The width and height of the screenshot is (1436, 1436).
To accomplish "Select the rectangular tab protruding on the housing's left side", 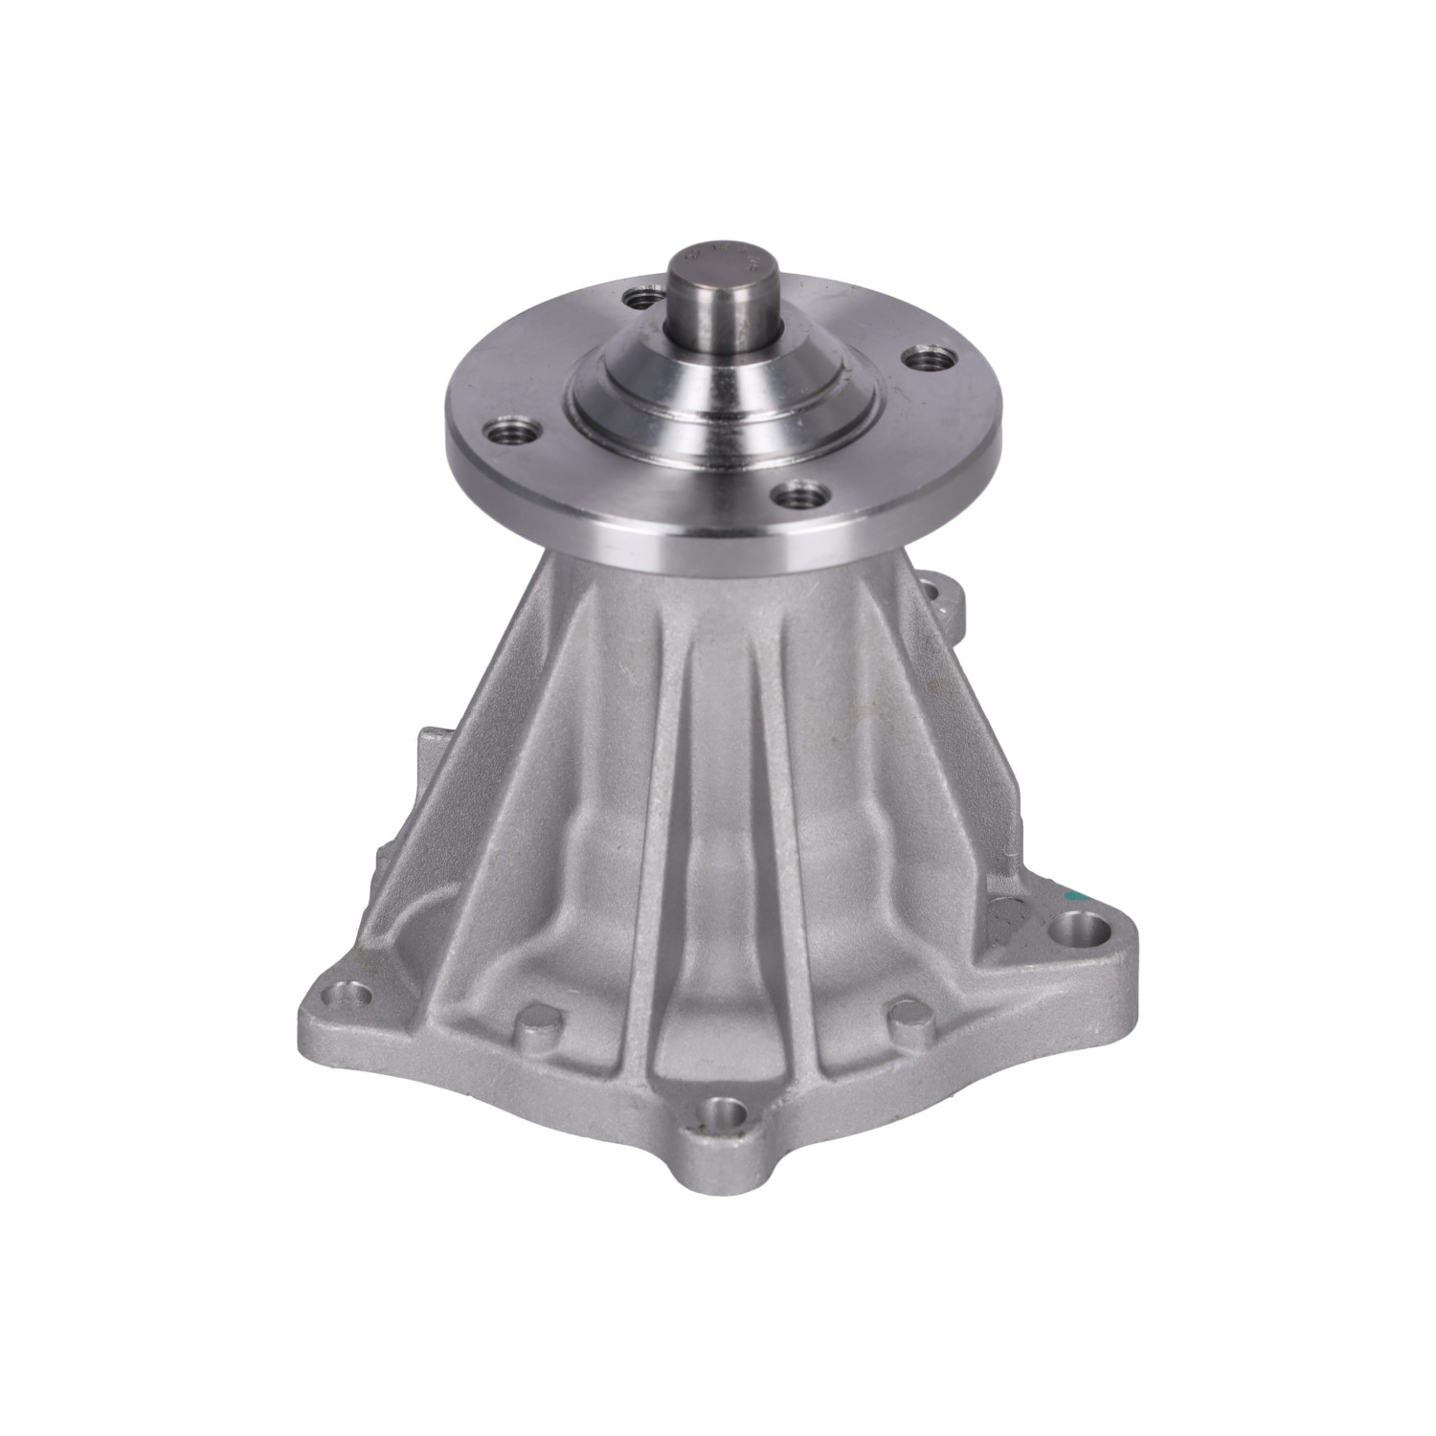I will click(x=426, y=766).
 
